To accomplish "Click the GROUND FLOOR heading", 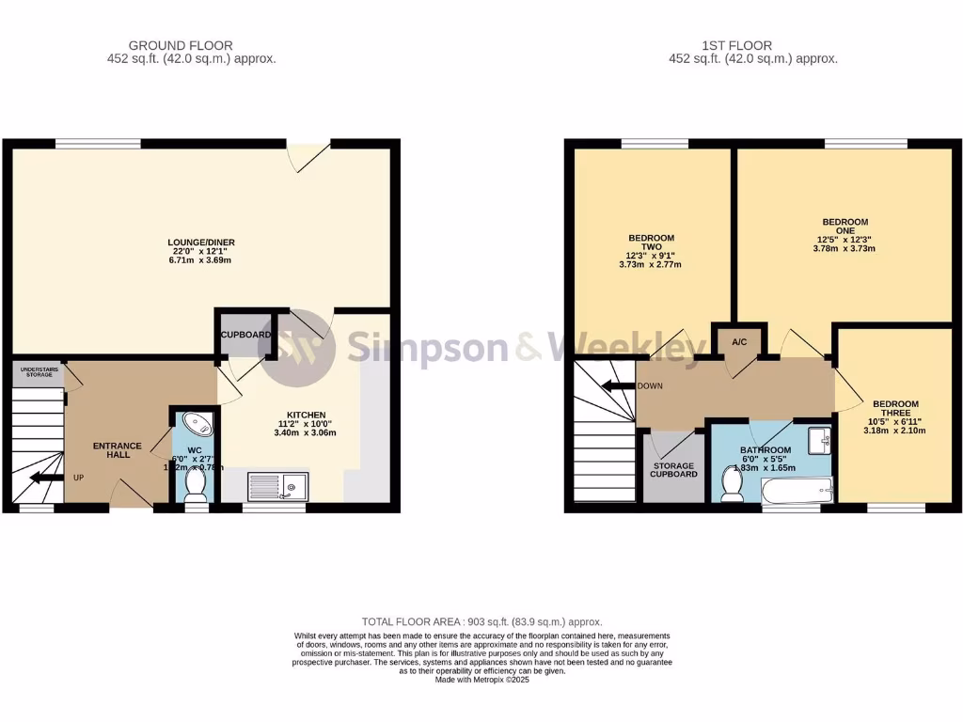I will (x=181, y=45).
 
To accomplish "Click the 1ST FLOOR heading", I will (x=737, y=45).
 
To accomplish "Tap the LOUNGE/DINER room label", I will (x=201, y=243).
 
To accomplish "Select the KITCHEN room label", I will (x=307, y=415).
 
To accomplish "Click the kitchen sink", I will (x=277, y=486).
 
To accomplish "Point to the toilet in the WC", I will (x=196, y=484).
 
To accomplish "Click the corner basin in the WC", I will (x=198, y=423).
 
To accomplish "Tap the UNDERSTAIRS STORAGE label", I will (x=39, y=372).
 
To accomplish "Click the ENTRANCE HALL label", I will (x=118, y=451).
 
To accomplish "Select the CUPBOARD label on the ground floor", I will (x=246, y=335).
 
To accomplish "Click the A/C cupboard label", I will (x=739, y=341).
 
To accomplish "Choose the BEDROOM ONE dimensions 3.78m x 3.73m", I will (x=845, y=249).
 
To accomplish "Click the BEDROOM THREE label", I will (x=894, y=409).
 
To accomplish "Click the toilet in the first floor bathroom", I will (x=731, y=483).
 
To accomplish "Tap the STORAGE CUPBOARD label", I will (x=673, y=470).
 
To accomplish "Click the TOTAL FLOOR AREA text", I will (x=481, y=622).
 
